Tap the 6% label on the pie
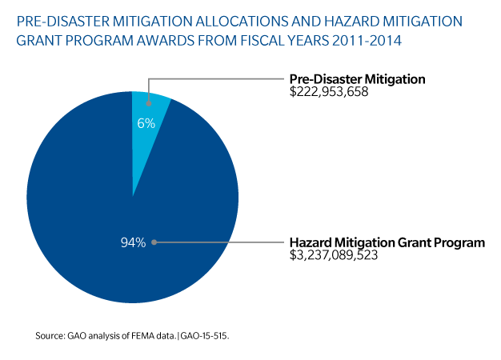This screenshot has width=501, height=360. point(145,124)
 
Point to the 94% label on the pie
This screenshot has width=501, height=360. point(132,242)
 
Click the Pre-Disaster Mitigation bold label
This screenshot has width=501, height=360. point(356,79)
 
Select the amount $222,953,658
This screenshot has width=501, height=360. point(331,93)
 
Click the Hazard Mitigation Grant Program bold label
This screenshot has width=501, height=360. point(387,242)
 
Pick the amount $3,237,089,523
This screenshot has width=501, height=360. point(335,256)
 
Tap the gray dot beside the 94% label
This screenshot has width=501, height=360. point(153,242)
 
